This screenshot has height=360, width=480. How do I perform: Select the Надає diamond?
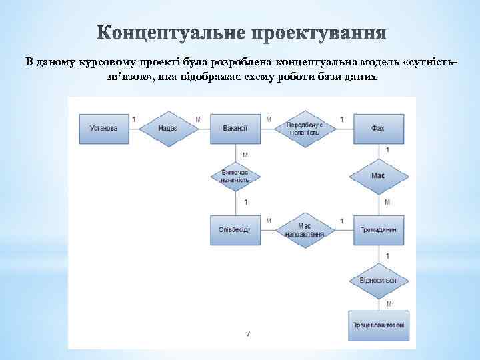(168, 128)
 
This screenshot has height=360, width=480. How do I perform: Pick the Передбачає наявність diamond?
(304, 128)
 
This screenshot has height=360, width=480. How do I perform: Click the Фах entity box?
(378, 128)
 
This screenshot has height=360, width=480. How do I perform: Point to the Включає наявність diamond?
(235, 177)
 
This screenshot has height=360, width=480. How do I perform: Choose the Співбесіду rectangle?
(235, 229)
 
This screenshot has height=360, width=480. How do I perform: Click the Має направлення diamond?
(305, 229)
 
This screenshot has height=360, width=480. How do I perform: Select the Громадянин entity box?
(378, 229)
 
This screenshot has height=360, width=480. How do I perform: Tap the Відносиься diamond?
(378, 280)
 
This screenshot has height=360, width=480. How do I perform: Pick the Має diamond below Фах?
(378, 177)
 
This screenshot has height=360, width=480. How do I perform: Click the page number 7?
(248, 333)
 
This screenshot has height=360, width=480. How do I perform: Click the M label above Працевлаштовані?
(387, 304)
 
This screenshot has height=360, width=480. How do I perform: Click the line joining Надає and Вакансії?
(201, 128)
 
